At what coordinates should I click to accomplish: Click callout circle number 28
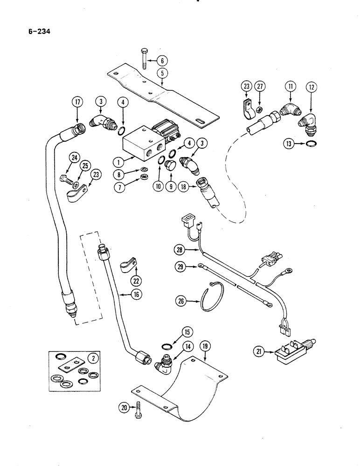pyautogui.click(x=180, y=251)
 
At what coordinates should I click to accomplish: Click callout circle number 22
pyautogui.click(x=136, y=281)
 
